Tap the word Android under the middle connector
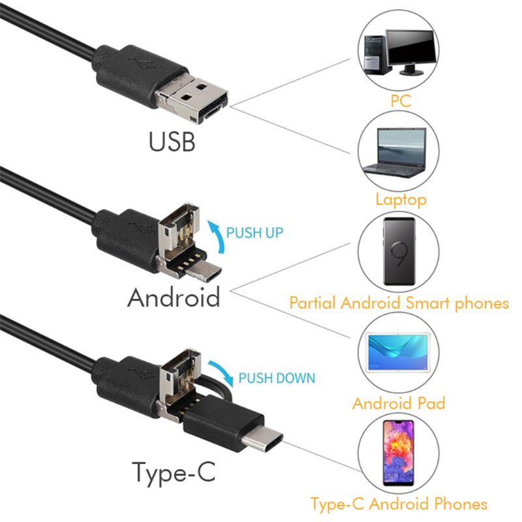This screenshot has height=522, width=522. [x=174, y=298]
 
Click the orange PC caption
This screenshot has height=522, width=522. [x=400, y=101]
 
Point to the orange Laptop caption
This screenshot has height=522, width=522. [x=401, y=199]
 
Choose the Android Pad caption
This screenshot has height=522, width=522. [x=399, y=403]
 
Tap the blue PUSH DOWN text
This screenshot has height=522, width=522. [x=277, y=378]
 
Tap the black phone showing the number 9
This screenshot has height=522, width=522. [x=399, y=251]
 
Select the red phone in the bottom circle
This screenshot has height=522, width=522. [x=399, y=455]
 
